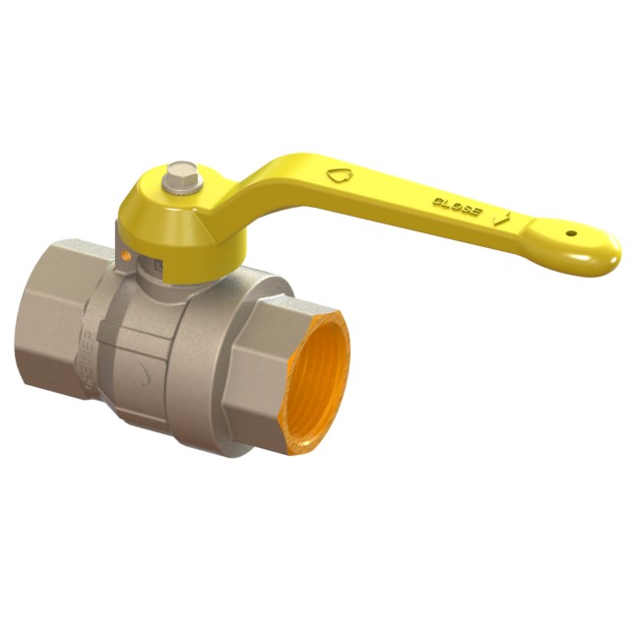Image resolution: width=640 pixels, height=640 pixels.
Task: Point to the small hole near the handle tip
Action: (571, 234)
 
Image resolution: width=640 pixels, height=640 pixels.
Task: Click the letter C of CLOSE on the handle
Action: (435, 201)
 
